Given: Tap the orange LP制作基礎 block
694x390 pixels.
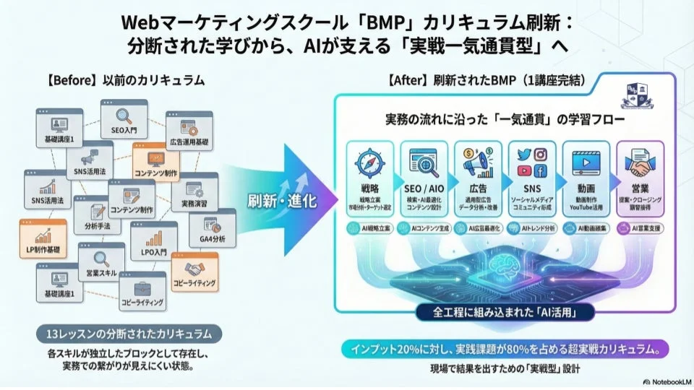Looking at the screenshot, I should (43, 240).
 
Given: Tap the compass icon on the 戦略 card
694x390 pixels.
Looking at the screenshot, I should (369, 162).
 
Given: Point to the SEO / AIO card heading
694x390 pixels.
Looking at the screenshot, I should (423, 188).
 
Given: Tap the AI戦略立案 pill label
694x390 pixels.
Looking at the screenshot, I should (369, 228).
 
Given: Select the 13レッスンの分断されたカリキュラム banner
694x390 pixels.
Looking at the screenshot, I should (127, 333).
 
